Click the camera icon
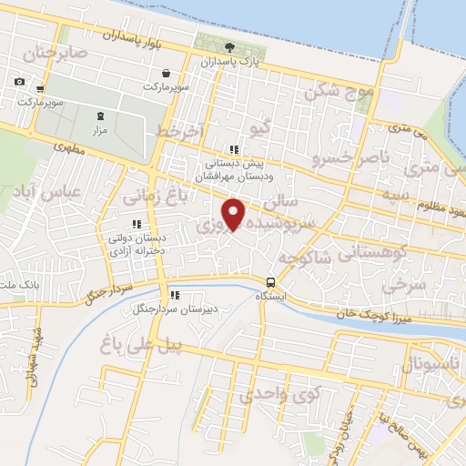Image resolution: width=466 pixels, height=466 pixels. tap(20, 82)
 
